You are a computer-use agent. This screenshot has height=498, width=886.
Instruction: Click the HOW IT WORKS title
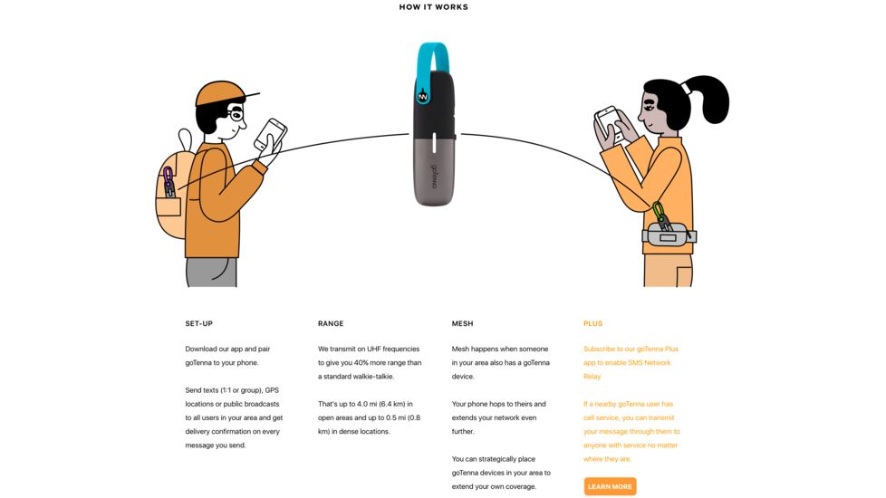tap(433, 7)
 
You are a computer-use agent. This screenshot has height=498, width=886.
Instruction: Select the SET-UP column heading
tap(199, 323)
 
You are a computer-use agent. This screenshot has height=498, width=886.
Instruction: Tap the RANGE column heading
tap(331, 323)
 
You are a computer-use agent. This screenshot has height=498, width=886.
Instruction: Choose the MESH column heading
tap(462, 323)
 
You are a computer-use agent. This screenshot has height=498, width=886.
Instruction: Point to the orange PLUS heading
tap(592, 323)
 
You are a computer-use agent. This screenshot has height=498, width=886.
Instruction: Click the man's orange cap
tap(223, 93)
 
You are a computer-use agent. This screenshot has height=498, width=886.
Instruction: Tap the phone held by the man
tap(270, 134)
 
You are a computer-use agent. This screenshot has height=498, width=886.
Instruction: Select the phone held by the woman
tap(609, 122)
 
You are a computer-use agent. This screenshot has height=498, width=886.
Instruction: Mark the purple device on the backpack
tap(169, 182)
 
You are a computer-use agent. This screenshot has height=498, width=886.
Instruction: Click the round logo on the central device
tap(423, 97)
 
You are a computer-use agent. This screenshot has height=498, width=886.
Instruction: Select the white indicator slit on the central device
tap(434, 143)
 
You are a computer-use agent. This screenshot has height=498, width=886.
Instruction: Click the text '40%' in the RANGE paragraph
tap(361, 362)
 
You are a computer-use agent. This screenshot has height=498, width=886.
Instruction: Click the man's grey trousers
tap(211, 273)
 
